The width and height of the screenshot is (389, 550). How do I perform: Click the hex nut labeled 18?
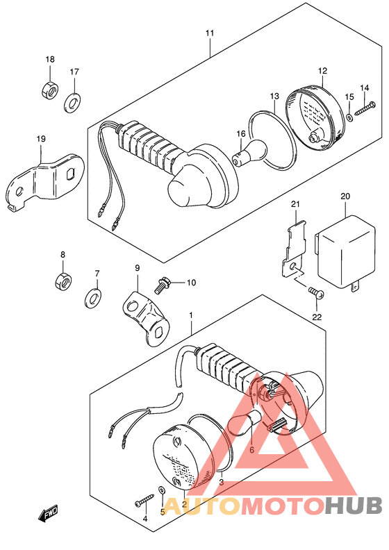[49, 90]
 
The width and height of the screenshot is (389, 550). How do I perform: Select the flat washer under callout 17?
[72, 103]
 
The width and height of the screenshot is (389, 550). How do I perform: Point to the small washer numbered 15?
[349, 117]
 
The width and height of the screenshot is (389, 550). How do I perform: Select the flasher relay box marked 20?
[346, 253]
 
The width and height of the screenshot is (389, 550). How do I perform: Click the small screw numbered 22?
[316, 293]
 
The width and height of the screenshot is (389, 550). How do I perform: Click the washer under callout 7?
[92, 298]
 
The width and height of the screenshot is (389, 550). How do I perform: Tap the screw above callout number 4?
[145, 500]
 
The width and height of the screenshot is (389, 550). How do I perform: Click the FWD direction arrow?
[48, 514]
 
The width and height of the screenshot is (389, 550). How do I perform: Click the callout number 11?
[210, 33]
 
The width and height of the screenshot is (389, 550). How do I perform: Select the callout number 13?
[274, 96]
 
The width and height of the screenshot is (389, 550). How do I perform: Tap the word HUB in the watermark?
[353, 506]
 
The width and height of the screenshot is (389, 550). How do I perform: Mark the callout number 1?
[191, 315]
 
